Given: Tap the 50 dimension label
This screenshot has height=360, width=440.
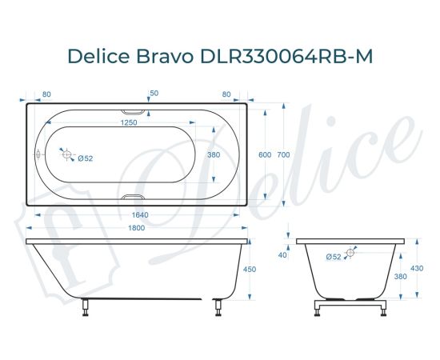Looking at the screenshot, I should coord(154,94).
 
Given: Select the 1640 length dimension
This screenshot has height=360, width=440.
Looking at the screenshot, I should coord(139,214).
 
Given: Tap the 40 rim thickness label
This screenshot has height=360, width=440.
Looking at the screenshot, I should coord(282,255).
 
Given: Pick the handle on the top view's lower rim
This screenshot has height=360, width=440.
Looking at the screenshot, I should coord(134,197).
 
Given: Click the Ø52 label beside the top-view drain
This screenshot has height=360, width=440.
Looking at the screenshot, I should coord(86,158).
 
